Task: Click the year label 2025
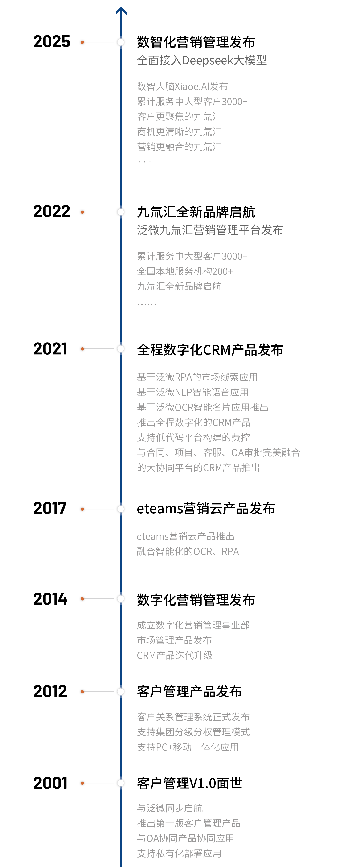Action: (51, 42)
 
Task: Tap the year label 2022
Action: (51, 212)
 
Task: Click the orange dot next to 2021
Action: (82, 349)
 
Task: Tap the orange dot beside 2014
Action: (82, 599)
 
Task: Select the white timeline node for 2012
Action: (120, 692)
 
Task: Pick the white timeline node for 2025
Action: (120, 42)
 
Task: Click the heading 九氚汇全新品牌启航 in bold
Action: (196, 212)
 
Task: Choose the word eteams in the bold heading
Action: (160, 509)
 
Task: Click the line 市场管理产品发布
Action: (174, 640)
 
